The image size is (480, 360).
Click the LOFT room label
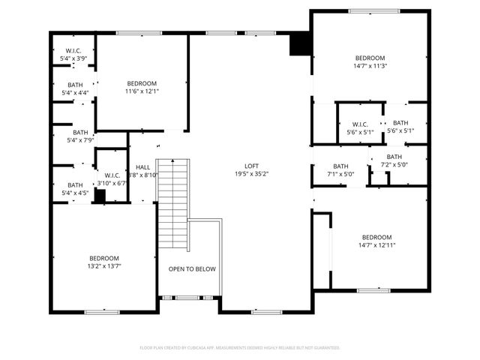pyautogui.click(x=251, y=166)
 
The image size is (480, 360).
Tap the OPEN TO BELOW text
pyautogui.click(x=192, y=268)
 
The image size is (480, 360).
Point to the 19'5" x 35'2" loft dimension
pyautogui.click(x=251, y=174)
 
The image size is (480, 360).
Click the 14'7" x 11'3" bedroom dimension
pyautogui.click(x=370, y=66)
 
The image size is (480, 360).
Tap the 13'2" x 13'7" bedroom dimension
pyautogui.click(x=104, y=265)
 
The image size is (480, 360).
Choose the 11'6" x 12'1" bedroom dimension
pyautogui.click(x=142, y=91)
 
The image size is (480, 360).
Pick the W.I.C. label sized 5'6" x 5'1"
pyautogui.click(x=360, y=124)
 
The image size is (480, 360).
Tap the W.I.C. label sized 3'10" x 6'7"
pyautogui.click(x=112, y=175)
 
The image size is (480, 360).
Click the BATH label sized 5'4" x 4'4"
pyautogui.click(x=75, y=85)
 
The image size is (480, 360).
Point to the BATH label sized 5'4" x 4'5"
pyautogui.click(x=75, y=184)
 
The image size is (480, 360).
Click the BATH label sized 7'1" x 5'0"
pyautogui.click(x=340, y=166)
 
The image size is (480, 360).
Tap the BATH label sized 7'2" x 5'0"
pyautogui.click(x=394, y=157)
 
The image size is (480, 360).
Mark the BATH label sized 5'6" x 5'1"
pyautogui.click(x=400, y=123)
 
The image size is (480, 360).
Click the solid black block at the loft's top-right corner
pyautogui.click(x=300, y=44)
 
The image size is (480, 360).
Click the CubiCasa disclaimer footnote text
pyautogui.click(x=240, y=348)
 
